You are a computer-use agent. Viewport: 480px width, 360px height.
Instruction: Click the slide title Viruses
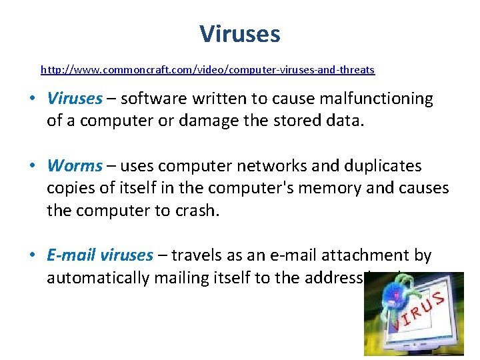pyautogui.click(x=240, y=33)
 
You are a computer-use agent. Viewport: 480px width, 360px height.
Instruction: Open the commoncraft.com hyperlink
pyautogui.click(x=207, y=69)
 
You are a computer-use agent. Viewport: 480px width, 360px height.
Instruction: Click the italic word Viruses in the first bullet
pyautogui.click(x=75, y=99)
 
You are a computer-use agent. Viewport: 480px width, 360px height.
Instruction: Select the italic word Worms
pyautogui.click(x=75, y=165)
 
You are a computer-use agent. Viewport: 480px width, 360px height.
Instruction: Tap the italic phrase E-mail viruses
pyautogui.click(x=100, y=255)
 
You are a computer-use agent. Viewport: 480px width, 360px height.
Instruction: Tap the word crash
pyautogui.click(x=196, y=211)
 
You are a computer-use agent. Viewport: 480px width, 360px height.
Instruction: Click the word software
pyautogui.click(x=153, y=99)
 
